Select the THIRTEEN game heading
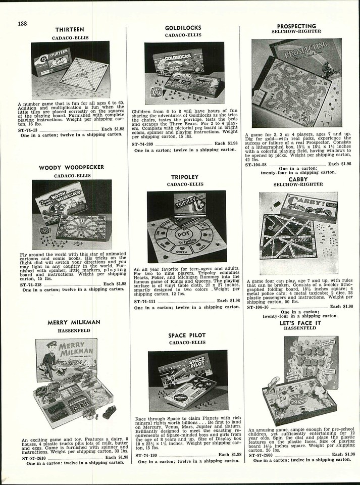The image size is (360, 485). click(70, 30)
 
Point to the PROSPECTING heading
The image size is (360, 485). click(296, 26)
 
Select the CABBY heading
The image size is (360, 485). click(298, 179)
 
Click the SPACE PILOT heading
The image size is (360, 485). click(186, 335)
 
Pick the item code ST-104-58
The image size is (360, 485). click(257, 164)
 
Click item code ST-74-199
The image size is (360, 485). click(147, 455)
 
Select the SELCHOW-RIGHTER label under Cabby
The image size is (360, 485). click(298, 185)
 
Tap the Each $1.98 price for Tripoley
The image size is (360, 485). click(228, 301)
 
